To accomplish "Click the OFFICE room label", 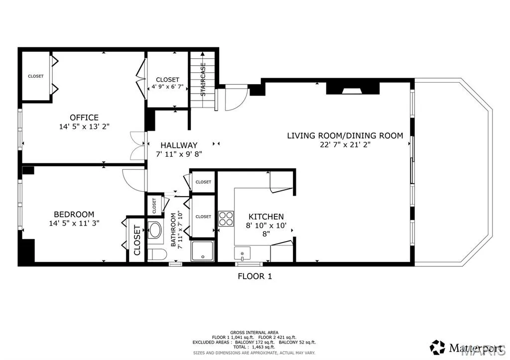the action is click(84, 118).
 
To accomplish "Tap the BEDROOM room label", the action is click(74, 214).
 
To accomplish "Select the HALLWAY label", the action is click(179, 145).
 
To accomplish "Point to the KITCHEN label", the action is click(266, 217).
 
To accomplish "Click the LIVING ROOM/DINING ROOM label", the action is click(345, 135).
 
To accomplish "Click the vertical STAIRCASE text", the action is click(203, 79).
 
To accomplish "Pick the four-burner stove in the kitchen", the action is click(226, 219).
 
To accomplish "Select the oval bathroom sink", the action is click(155, 230).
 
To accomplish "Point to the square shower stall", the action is click(203, 251).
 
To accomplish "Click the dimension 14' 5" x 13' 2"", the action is click(84, 126).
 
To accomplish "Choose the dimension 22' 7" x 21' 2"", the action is click(345, 145).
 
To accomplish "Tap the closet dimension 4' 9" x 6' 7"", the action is click(167, 87).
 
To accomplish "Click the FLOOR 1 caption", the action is click(255, 276).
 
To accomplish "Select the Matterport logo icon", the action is click(437, 348).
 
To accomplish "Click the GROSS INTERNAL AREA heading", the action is click(255, 332).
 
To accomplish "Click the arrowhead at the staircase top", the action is click(203, 54).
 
